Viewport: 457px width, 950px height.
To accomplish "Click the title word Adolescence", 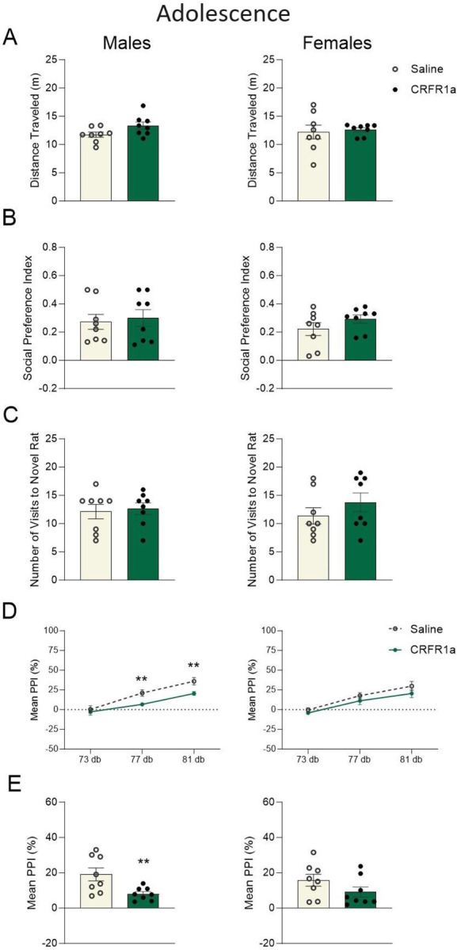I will point(223,14).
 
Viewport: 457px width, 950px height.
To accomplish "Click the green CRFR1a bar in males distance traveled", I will point(143,163).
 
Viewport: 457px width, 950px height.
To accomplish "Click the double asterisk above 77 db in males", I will point(142,658).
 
